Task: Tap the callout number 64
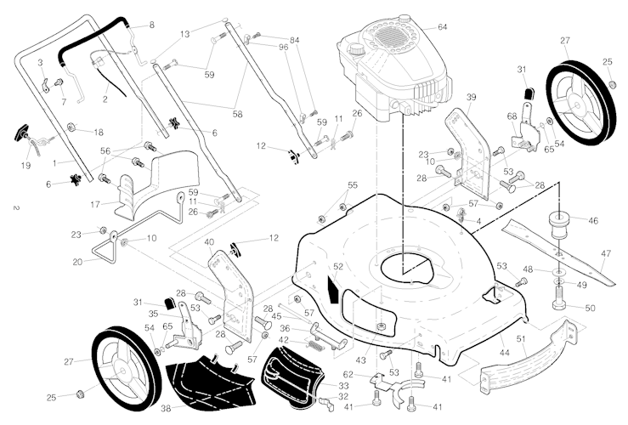pos(442,27)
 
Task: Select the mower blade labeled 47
pos(562,250)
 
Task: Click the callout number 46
pos(592,220)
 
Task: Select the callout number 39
pos(471,97)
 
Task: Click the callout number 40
pos(209,242)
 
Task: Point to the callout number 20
pos(76,262)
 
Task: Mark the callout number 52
pos(337,267)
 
